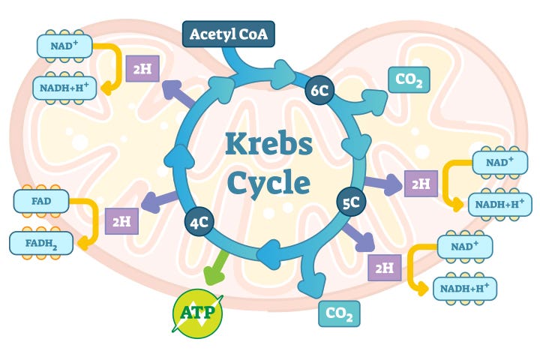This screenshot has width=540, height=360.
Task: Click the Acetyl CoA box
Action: [x=229, y=34]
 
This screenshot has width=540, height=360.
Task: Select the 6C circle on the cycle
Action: [x=319, y=91]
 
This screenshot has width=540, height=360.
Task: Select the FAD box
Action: [x=42, y=200]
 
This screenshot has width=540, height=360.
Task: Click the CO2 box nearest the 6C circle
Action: [x=409, y=79]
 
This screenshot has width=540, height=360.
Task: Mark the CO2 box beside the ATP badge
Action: [x=339, y=313]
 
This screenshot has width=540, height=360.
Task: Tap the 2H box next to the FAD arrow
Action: [x=121, y=220]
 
